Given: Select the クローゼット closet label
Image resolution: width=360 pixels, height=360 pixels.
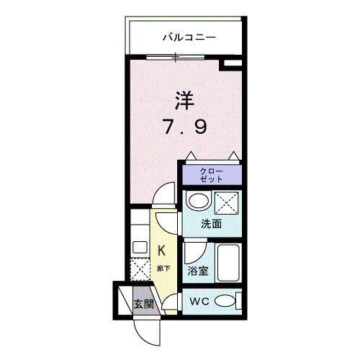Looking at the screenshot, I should [x=212, y=175].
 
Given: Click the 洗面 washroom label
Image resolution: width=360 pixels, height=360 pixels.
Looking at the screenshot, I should [x=211, y=224].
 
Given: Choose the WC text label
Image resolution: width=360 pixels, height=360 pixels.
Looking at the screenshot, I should [x=199, y=302].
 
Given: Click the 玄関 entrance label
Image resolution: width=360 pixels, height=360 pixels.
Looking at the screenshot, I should [x=143, y=303].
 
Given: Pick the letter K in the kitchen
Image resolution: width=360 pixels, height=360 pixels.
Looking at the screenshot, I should [x=162, y=251].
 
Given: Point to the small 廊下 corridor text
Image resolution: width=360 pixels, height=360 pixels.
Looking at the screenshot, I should [x=163, y=268].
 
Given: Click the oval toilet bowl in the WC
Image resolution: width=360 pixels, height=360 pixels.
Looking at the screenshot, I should [x=225, y=301].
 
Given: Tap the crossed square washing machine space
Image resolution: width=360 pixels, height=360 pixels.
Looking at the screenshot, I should [x=225, y=202].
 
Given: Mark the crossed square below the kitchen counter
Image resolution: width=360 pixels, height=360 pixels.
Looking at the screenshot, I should [x=139, y=269].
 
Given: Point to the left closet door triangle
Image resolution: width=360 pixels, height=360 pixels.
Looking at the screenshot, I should [x=190, y=156].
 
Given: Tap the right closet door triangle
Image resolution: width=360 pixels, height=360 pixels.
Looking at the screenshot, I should [x=234, y=156].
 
